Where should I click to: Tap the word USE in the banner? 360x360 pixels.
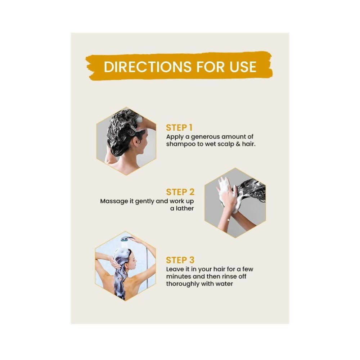[243, 67]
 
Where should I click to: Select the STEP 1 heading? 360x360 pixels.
[179, 128]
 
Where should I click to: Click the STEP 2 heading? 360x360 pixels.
[180, 192]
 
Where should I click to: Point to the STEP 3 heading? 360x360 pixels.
[180, 260]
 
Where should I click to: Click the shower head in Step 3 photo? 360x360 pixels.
[125, 239]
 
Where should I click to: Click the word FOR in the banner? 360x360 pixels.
[210, 67]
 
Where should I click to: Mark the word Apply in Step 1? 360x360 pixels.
[175, 137]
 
